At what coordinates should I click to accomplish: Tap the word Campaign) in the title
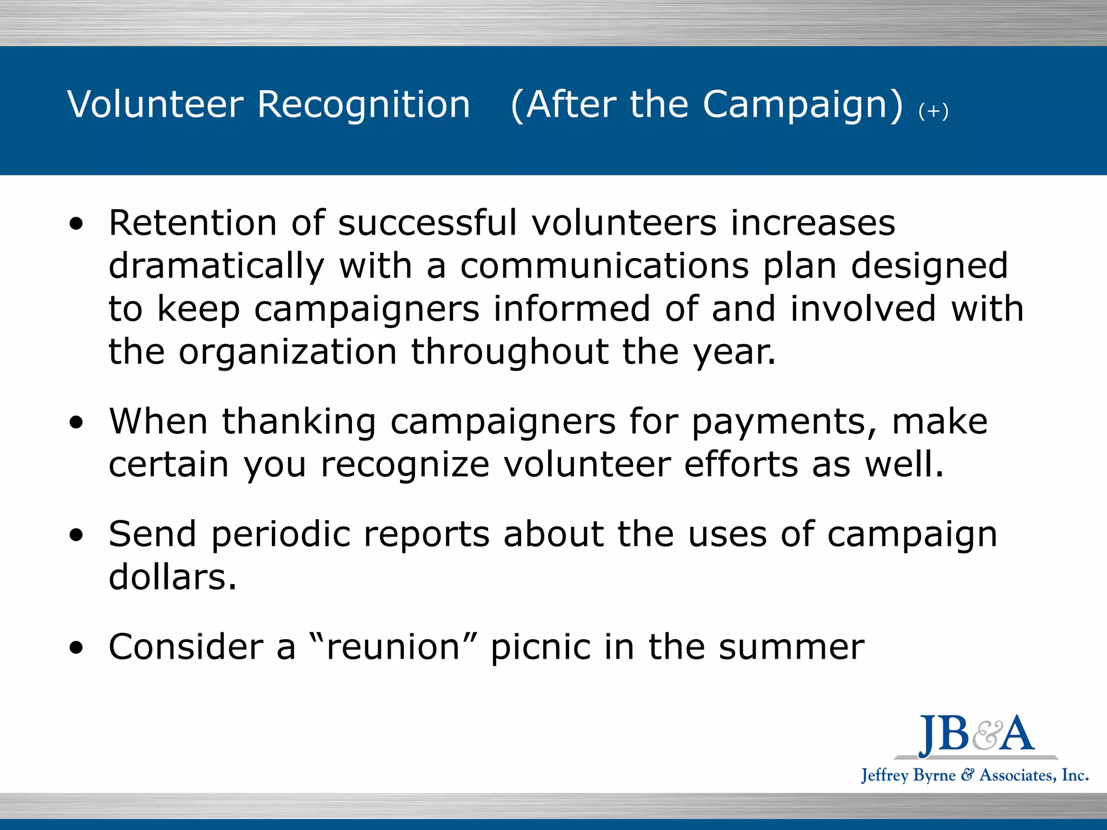803,105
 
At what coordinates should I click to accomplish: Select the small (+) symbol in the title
933,111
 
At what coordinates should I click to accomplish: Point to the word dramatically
216,267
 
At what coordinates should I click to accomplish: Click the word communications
604,266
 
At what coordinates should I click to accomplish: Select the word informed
571,309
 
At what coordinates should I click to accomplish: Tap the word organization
288,352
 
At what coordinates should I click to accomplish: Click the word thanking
299,421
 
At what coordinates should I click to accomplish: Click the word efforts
741,465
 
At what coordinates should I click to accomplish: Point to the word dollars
172,577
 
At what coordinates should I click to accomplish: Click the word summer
791,647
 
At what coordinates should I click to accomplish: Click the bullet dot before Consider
77,647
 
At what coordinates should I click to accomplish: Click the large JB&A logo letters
976,735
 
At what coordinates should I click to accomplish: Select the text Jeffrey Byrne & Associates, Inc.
975,775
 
